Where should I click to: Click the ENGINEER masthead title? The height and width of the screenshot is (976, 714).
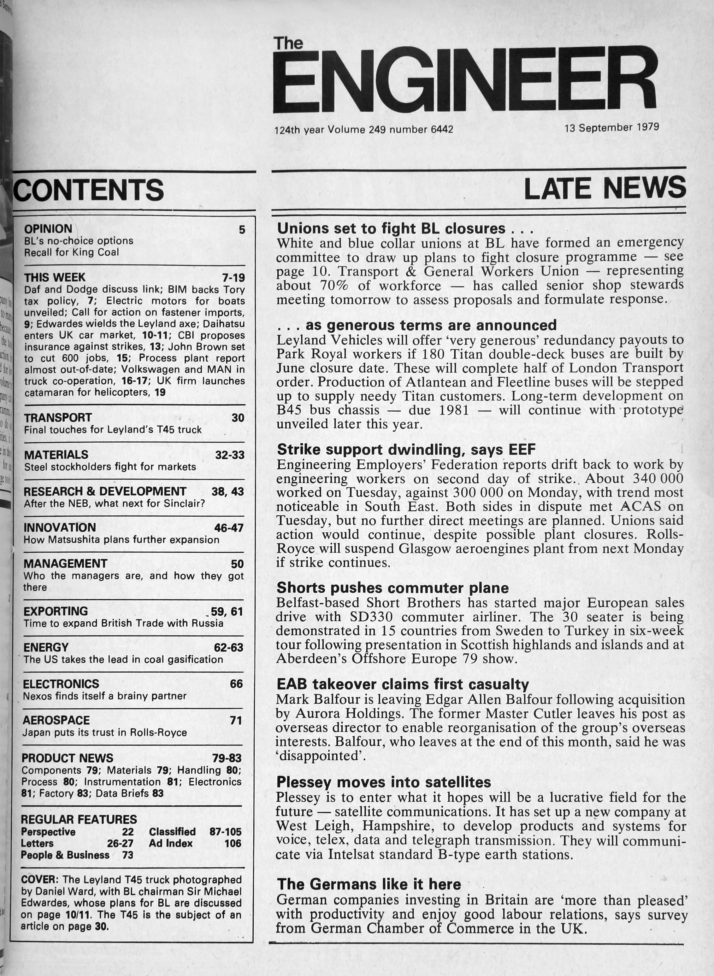click(465, 80)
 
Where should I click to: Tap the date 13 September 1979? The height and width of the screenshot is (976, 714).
click(611, 127)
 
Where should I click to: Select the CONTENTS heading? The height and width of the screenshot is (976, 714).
click(89, 190)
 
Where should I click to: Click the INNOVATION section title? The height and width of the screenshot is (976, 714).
click(60, 527)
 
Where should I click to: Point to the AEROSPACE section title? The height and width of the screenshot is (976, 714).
click(56, 720)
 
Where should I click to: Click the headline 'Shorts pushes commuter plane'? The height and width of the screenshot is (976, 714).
click(392, 587)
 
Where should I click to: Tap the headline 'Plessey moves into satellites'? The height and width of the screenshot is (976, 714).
click(383, 782)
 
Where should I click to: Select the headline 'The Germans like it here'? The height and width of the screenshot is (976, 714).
click(369, 884)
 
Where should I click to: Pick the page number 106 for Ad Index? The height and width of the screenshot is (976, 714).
click(233, 843)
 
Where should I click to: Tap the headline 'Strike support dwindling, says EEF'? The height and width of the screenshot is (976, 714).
click(406, 450)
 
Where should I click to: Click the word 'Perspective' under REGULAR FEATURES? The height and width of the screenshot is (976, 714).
click(48, 831)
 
